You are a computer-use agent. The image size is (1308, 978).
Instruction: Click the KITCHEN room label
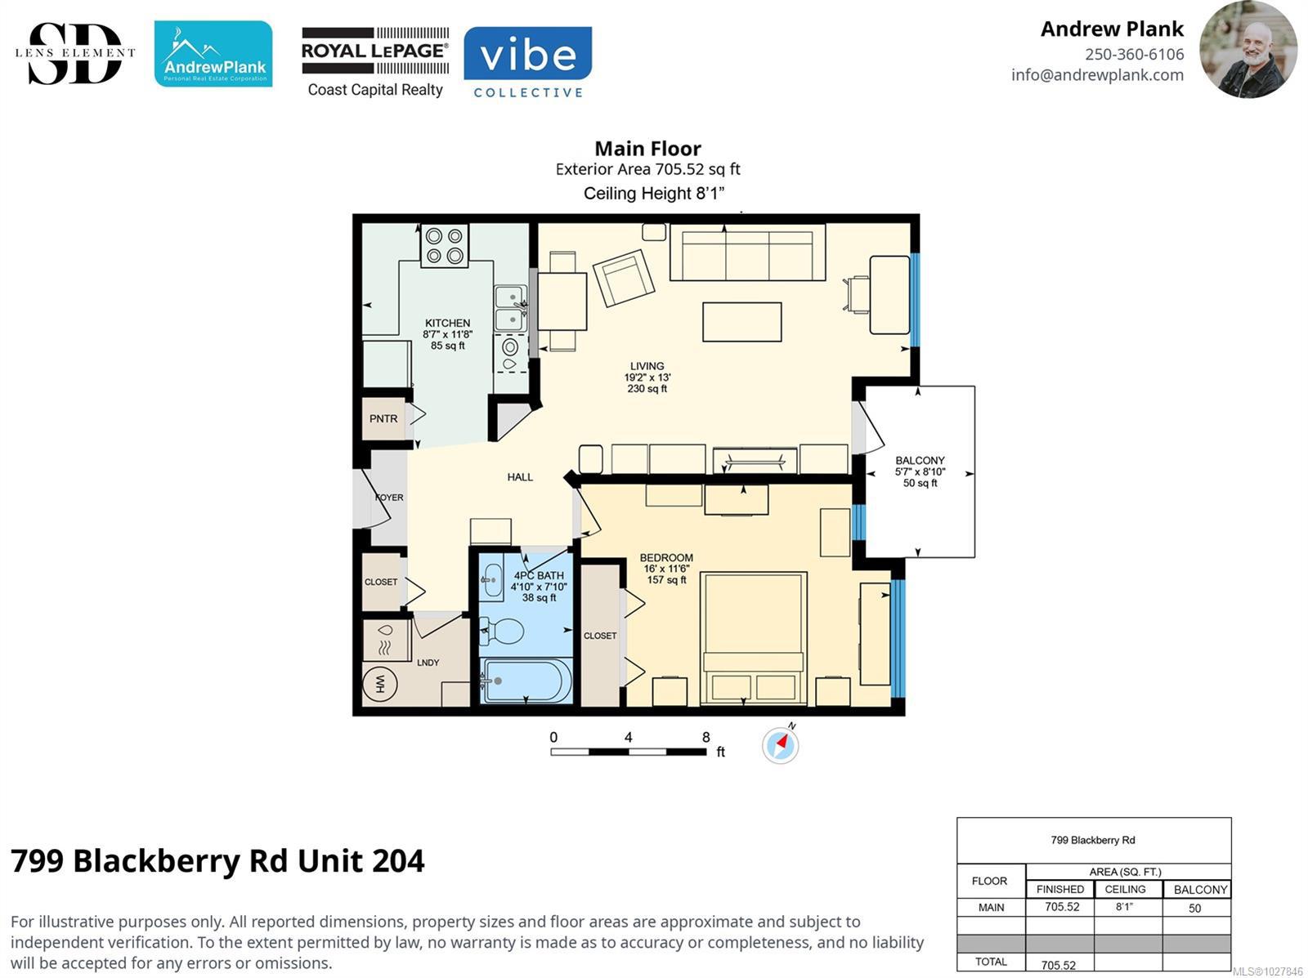pos(447,323)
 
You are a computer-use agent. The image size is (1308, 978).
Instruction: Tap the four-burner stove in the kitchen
pos(445,245)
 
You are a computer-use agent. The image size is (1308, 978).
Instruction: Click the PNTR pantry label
pos(383,418)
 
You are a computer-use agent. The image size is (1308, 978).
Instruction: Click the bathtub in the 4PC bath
pos(526,681)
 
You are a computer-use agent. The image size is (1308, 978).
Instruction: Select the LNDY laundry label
pos(428,663)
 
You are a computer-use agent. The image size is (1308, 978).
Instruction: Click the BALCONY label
pos(920,461)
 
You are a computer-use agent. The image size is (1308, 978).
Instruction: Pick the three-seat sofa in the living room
pos(747,252)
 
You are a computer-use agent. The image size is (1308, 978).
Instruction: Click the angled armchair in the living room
pos(623,278)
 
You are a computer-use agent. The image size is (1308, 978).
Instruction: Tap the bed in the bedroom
pos(753,638)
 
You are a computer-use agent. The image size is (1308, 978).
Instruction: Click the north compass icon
pos(780,745)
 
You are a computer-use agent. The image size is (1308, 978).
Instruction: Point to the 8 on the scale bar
pos(706,737)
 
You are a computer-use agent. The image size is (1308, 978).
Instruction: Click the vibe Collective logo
pos(527,61)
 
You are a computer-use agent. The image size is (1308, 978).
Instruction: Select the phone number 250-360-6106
pos(1134,54)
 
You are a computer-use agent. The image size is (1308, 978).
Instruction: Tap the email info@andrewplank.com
pos(1097,75)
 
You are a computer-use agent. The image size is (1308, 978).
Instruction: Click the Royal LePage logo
pos(375,62)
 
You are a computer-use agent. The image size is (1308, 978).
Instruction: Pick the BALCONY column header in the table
pos(1200,889)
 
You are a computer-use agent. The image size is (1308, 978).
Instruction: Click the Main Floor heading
pos(647,149)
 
